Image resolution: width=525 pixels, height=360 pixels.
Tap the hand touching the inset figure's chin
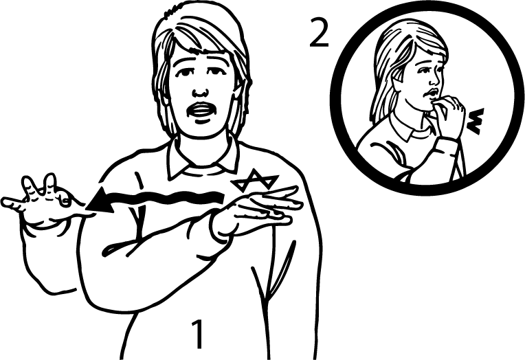pyautogui.click(x=447, y=115)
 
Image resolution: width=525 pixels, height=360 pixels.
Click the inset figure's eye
pyautogui.click(x=423, y=71)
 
